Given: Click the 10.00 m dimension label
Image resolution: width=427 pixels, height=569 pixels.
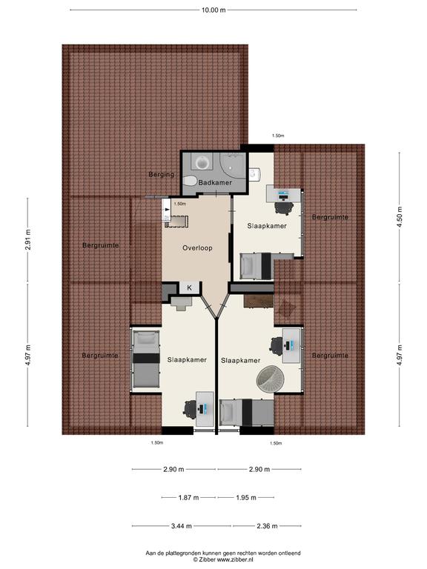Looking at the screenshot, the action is click(x=213, y=10).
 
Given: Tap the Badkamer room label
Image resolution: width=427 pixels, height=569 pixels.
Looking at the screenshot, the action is click(x=215, y=182).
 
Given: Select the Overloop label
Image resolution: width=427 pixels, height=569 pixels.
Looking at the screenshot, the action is click(x=197, y=248).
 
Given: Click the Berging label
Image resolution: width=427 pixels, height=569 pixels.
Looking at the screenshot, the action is click(x=161, y=174).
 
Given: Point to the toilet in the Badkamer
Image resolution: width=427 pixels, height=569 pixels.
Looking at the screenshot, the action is click(x=190, y=180).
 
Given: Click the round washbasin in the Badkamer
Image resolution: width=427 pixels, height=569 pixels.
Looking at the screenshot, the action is click(x=202, y=162).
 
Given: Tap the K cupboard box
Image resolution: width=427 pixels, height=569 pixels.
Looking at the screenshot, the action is click(x=190, y=287).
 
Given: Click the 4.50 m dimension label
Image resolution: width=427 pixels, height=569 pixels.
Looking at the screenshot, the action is click(x=400, y=216).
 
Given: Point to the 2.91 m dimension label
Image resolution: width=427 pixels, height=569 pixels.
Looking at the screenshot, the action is click(x=28, y=240).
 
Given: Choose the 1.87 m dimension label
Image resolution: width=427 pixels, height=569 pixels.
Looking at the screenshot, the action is click(x=188, y=498).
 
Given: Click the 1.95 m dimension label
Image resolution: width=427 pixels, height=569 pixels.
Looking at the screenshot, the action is click(x=246, y=498).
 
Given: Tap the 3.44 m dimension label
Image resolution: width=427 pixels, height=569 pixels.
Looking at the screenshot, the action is click(x=182, y=526).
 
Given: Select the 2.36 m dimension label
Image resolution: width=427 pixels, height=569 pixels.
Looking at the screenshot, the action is click(x=267, y=526).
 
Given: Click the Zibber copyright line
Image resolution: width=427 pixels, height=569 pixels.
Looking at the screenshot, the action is click(x=223, y=559).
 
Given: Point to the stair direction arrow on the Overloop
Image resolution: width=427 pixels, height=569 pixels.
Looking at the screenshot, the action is click(x=167, y=210).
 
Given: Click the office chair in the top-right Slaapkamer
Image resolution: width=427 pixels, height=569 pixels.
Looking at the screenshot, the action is click(x=284, y=207).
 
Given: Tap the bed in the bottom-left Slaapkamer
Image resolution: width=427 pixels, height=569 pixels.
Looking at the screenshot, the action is click(x=146, y=359).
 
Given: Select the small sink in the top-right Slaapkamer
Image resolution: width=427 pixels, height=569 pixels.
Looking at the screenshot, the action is click(x=254, y=174).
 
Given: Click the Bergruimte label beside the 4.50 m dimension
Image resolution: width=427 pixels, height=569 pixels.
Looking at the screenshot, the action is click(x=330, y=217).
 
